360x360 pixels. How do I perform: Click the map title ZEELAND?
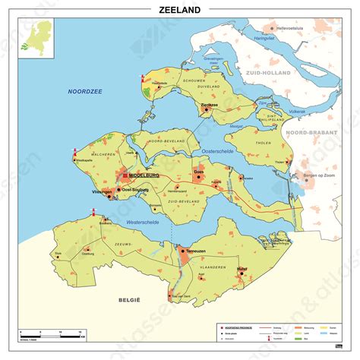[x=180, y=10]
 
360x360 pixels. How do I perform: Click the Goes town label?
[x=199, y=172]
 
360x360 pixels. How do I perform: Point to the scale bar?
[x=49, y=335]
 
